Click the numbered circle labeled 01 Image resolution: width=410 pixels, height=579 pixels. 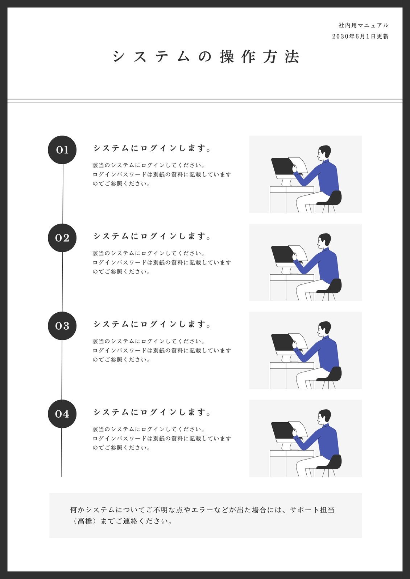(x=62, y=150)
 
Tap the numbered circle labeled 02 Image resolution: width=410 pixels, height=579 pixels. (x=62, y=238)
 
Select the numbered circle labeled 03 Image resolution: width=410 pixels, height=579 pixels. (x=62, y=326)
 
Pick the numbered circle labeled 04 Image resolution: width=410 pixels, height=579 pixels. (x=62, y=414)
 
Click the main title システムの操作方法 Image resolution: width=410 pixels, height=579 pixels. (x=206, y=57)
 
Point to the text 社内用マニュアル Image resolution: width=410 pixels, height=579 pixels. (x=363, y=25)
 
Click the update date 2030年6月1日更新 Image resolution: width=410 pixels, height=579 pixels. (x=360, y=37)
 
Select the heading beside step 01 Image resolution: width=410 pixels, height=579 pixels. (x=152, y=148)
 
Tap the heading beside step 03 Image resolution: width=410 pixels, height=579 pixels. (x=152, y=324)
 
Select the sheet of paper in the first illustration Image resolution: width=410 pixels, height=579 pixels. (x=299, y=165)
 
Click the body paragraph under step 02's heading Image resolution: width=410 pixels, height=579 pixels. (x=161, y=262)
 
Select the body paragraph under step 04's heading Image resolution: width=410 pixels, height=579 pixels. (x=161, y=438)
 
